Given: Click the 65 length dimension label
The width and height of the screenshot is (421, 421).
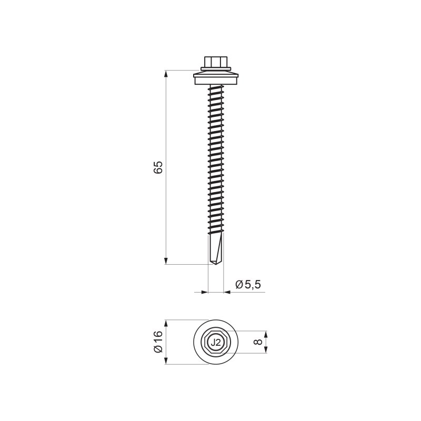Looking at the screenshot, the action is pyautogui.click(x=158, y=167).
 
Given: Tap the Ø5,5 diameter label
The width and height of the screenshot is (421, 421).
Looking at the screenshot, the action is pyautogui.click(x=248, y=284).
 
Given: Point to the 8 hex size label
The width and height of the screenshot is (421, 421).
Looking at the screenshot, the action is pyautogui.click(x=258, y=342).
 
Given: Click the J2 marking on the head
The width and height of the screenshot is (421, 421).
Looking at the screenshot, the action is pyautogui.click(x=216, y=343).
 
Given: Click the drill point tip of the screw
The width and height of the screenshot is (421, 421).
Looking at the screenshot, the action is pyautogui.click(x=216, y=264).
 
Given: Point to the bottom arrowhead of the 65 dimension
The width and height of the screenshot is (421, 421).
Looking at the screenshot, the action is pyautogui.click(x=166, y=260).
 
